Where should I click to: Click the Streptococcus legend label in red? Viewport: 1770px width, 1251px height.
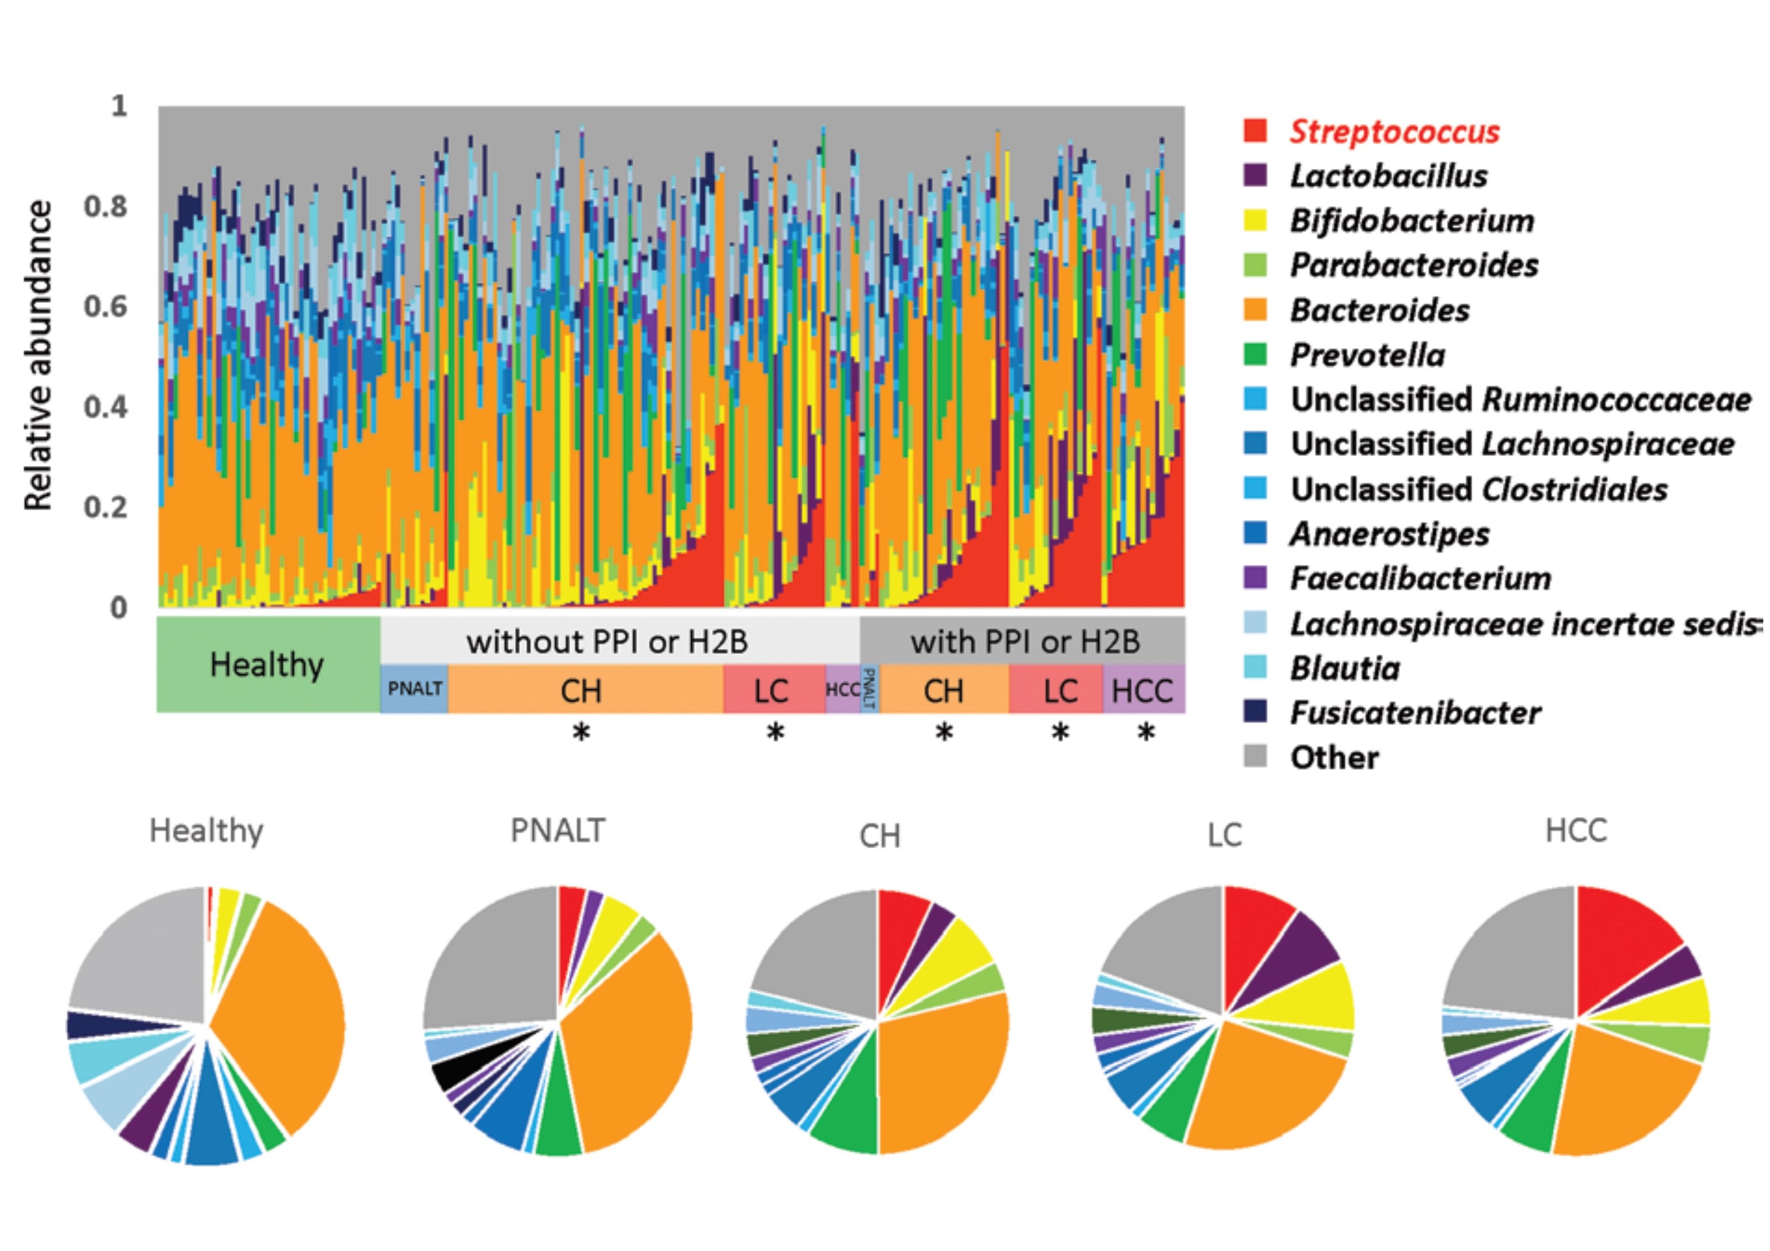click(x=1394, y=132)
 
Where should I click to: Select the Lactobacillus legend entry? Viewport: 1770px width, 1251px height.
click(x=1388, y=177)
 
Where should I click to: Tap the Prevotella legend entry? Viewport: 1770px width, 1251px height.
click(x=1367, y=355)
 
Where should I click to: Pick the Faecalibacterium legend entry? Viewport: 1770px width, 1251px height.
click(x=1420, y=578)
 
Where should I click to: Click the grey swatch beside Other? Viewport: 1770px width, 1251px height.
click(x=1256, y=756)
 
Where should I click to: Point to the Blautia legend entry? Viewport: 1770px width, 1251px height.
click(x=1345, y=669)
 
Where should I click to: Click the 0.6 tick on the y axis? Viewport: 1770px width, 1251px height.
click(x=106, y=307)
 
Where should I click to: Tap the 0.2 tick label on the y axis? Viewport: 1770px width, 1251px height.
click(x=106, y=507)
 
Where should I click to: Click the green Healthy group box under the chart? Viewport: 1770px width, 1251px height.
click(x=267, y=665)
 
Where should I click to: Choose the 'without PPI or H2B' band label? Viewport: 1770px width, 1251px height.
click(x=607, y=642)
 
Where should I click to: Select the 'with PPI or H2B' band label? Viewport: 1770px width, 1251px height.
click(x=1024, y=642)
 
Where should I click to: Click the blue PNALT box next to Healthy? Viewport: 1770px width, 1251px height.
click(x=414, y=688)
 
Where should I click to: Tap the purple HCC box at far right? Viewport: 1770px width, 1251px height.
click(x=1142, y=690)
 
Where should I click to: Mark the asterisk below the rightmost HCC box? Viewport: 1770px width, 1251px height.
click(x=1146, y=733)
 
